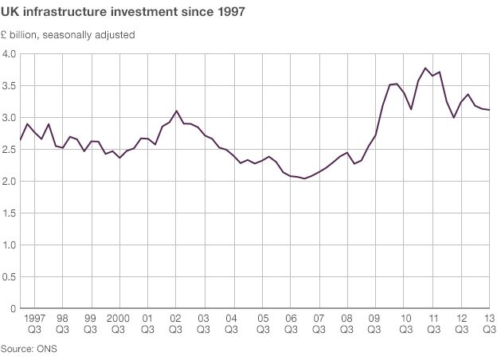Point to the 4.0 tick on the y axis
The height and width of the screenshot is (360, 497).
click(x=10, y=54)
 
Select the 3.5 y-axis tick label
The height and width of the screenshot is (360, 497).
click(x=10, y=86)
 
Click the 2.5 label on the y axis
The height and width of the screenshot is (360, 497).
click(x=10, y=150)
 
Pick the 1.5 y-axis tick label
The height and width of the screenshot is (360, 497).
click(x=10, y=213)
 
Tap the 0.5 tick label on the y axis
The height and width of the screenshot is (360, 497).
click(x=10, y=277)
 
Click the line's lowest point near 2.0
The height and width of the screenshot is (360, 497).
click(x=304, y=178)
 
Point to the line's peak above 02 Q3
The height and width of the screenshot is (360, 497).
click(x=177, y=111)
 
